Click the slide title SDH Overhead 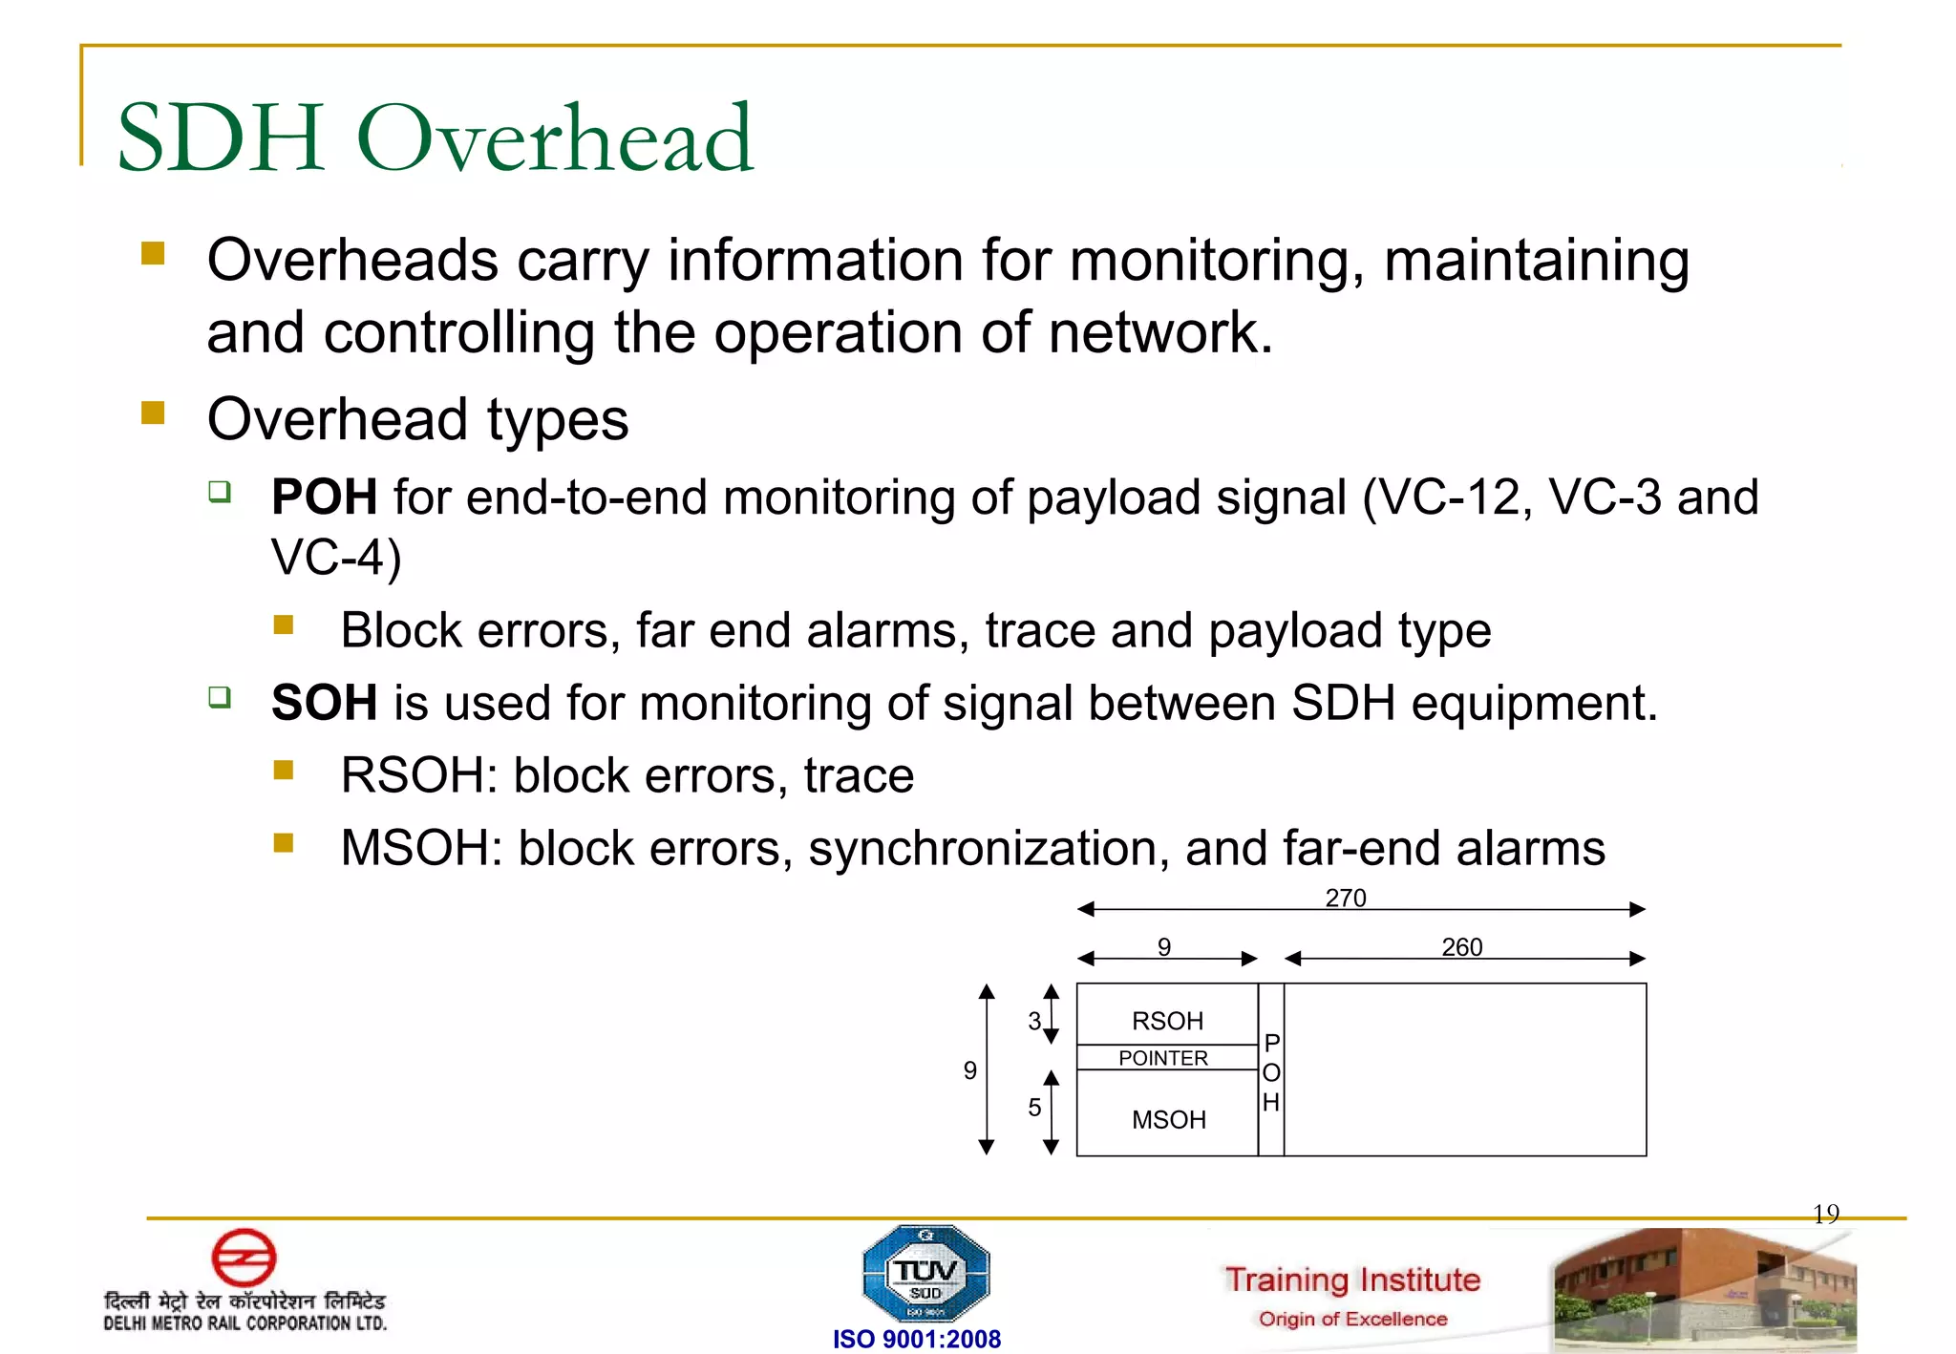click(436, 138)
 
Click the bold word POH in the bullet click(324, 497)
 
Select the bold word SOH click(324, 704)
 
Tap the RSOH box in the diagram click(1166, 1020)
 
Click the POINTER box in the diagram click(1163, 1058)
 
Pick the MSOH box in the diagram click(1168, 1119)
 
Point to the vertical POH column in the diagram click(1271, 1071)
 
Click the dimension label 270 click(1345, 898)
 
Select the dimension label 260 click(1461, 946)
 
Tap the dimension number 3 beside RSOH click(1034, 1021)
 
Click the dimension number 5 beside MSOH click(1034, 1108)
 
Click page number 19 click(1825, 1214)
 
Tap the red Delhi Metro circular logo click(244, 1257)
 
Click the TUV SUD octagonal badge click(925, 1274)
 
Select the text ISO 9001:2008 click(916, 1339)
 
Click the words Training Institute click(1352, 1279)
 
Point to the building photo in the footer click(1704, 1288)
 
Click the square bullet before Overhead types click(153, 413)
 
